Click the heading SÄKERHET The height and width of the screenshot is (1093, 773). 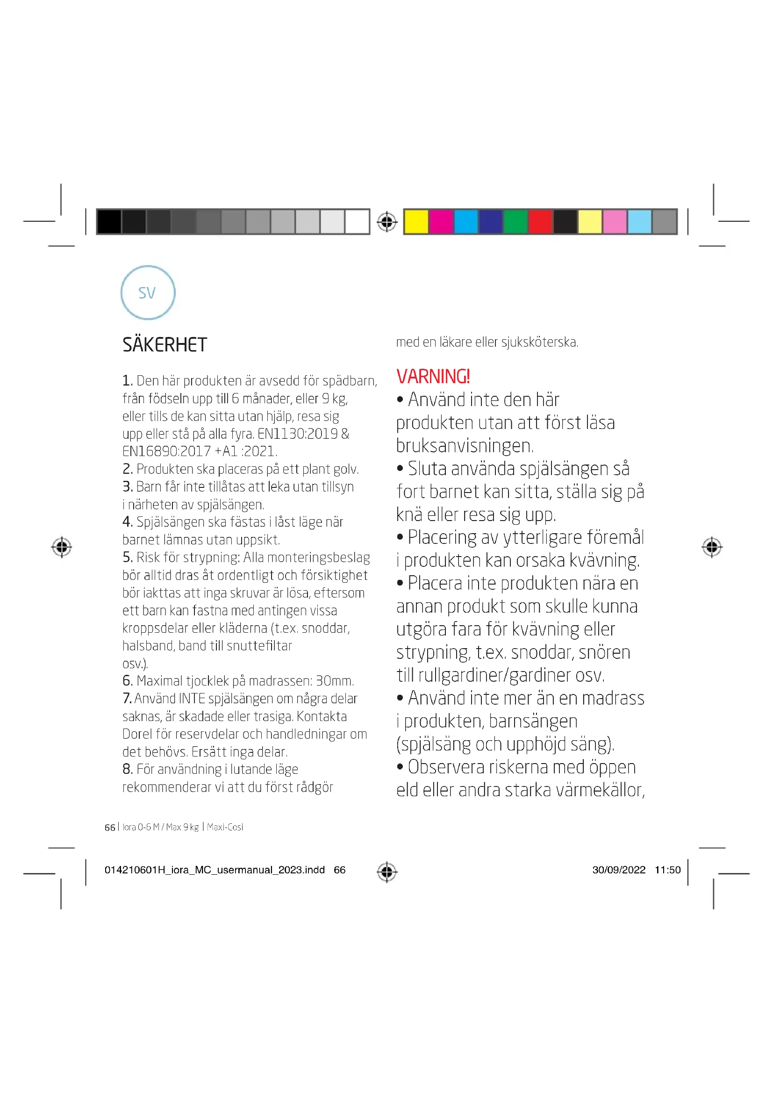point(165,345)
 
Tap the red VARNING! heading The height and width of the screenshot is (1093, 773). point(433,377)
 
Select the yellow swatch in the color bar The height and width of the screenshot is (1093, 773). point(416,222)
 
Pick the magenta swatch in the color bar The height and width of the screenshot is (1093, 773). point(441,222)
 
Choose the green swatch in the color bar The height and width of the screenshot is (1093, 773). point(515,222)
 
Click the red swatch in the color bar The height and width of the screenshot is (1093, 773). point(540,222)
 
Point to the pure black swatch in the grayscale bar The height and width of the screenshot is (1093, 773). point(109,222)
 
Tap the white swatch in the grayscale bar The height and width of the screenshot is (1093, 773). point(357,222)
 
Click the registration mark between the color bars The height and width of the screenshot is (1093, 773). point(387,222)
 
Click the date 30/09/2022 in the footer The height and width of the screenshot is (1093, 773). point(618,870)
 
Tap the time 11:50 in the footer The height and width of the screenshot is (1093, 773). point(667,870)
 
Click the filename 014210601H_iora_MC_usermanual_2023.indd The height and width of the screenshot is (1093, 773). point(214,870)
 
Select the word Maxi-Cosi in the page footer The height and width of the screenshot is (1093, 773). point(225,827)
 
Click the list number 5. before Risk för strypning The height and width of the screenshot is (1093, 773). point(127,557)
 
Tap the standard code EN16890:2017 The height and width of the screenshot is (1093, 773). point(166,451)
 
